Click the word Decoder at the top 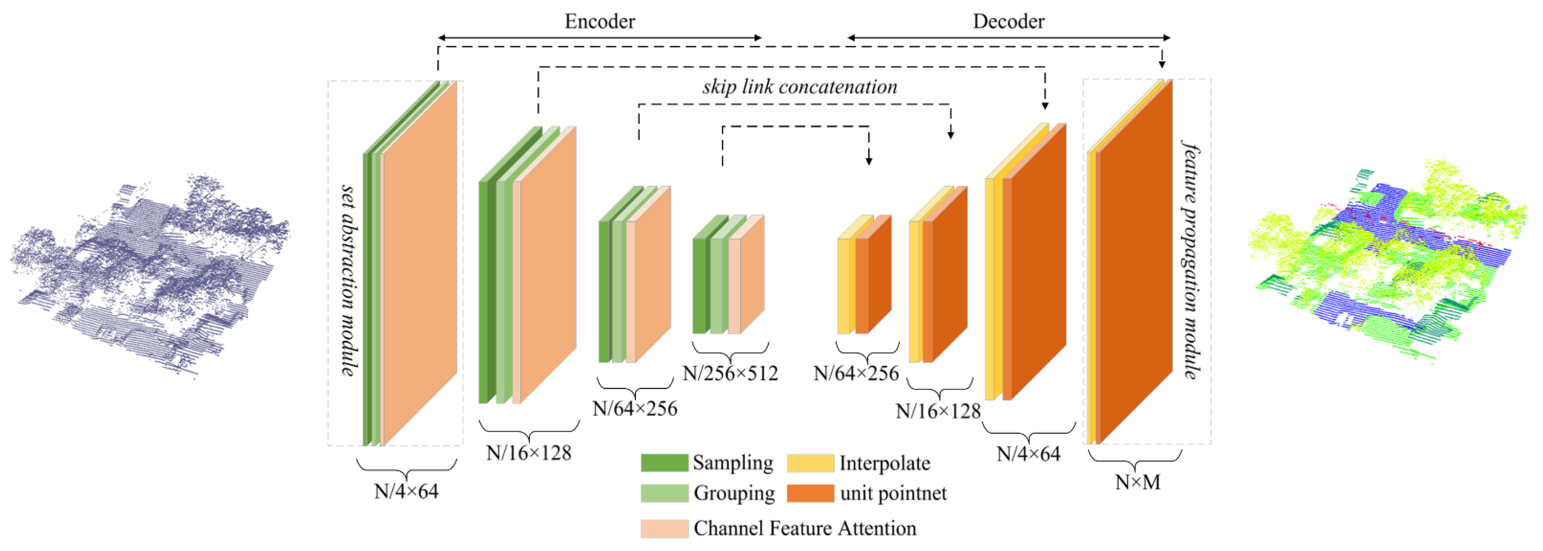click(x=1008, y=22)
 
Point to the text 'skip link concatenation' click(x=800, y=87)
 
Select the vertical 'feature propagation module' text click(x=1191, y=260)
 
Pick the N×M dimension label click(x=1137, y=482)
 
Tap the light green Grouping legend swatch click(x=664, y=493)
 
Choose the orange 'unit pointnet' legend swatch click(x=810, y=493)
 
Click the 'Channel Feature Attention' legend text click(x=805, y=528)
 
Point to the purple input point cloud click(x=150, y=276)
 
